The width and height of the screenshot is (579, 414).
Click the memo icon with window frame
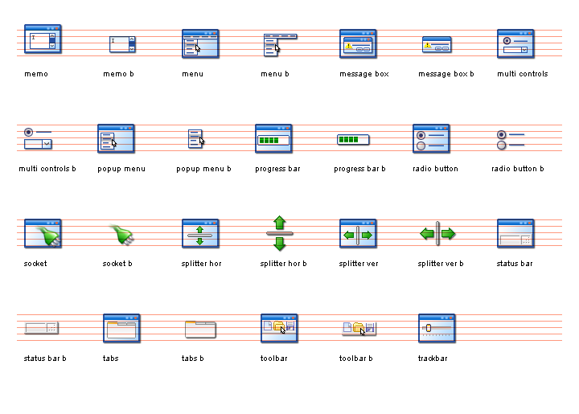43,39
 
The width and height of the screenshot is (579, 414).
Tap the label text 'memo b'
118,74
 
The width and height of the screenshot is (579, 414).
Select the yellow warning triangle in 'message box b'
428,45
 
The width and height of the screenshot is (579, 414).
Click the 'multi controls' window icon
515,44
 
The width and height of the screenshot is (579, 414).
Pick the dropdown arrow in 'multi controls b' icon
47,144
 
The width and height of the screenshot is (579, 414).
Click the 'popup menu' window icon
116,139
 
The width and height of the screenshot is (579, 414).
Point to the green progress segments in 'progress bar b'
348,140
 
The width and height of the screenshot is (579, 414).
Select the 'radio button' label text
435,169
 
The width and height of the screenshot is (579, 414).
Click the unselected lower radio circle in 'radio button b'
501,145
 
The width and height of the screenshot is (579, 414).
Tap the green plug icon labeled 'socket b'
122,235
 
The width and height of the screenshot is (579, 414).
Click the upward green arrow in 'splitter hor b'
280,223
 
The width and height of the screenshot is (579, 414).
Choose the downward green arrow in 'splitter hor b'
280,244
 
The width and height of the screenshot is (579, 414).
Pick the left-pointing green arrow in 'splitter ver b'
427,234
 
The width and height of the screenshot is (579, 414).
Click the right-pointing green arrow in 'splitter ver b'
448,234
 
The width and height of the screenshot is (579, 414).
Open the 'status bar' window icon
515,234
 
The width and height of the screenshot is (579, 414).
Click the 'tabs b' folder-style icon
200,330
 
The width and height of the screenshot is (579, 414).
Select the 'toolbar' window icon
279,329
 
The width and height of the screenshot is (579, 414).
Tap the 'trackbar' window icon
437,329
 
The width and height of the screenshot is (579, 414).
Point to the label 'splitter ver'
359,264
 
